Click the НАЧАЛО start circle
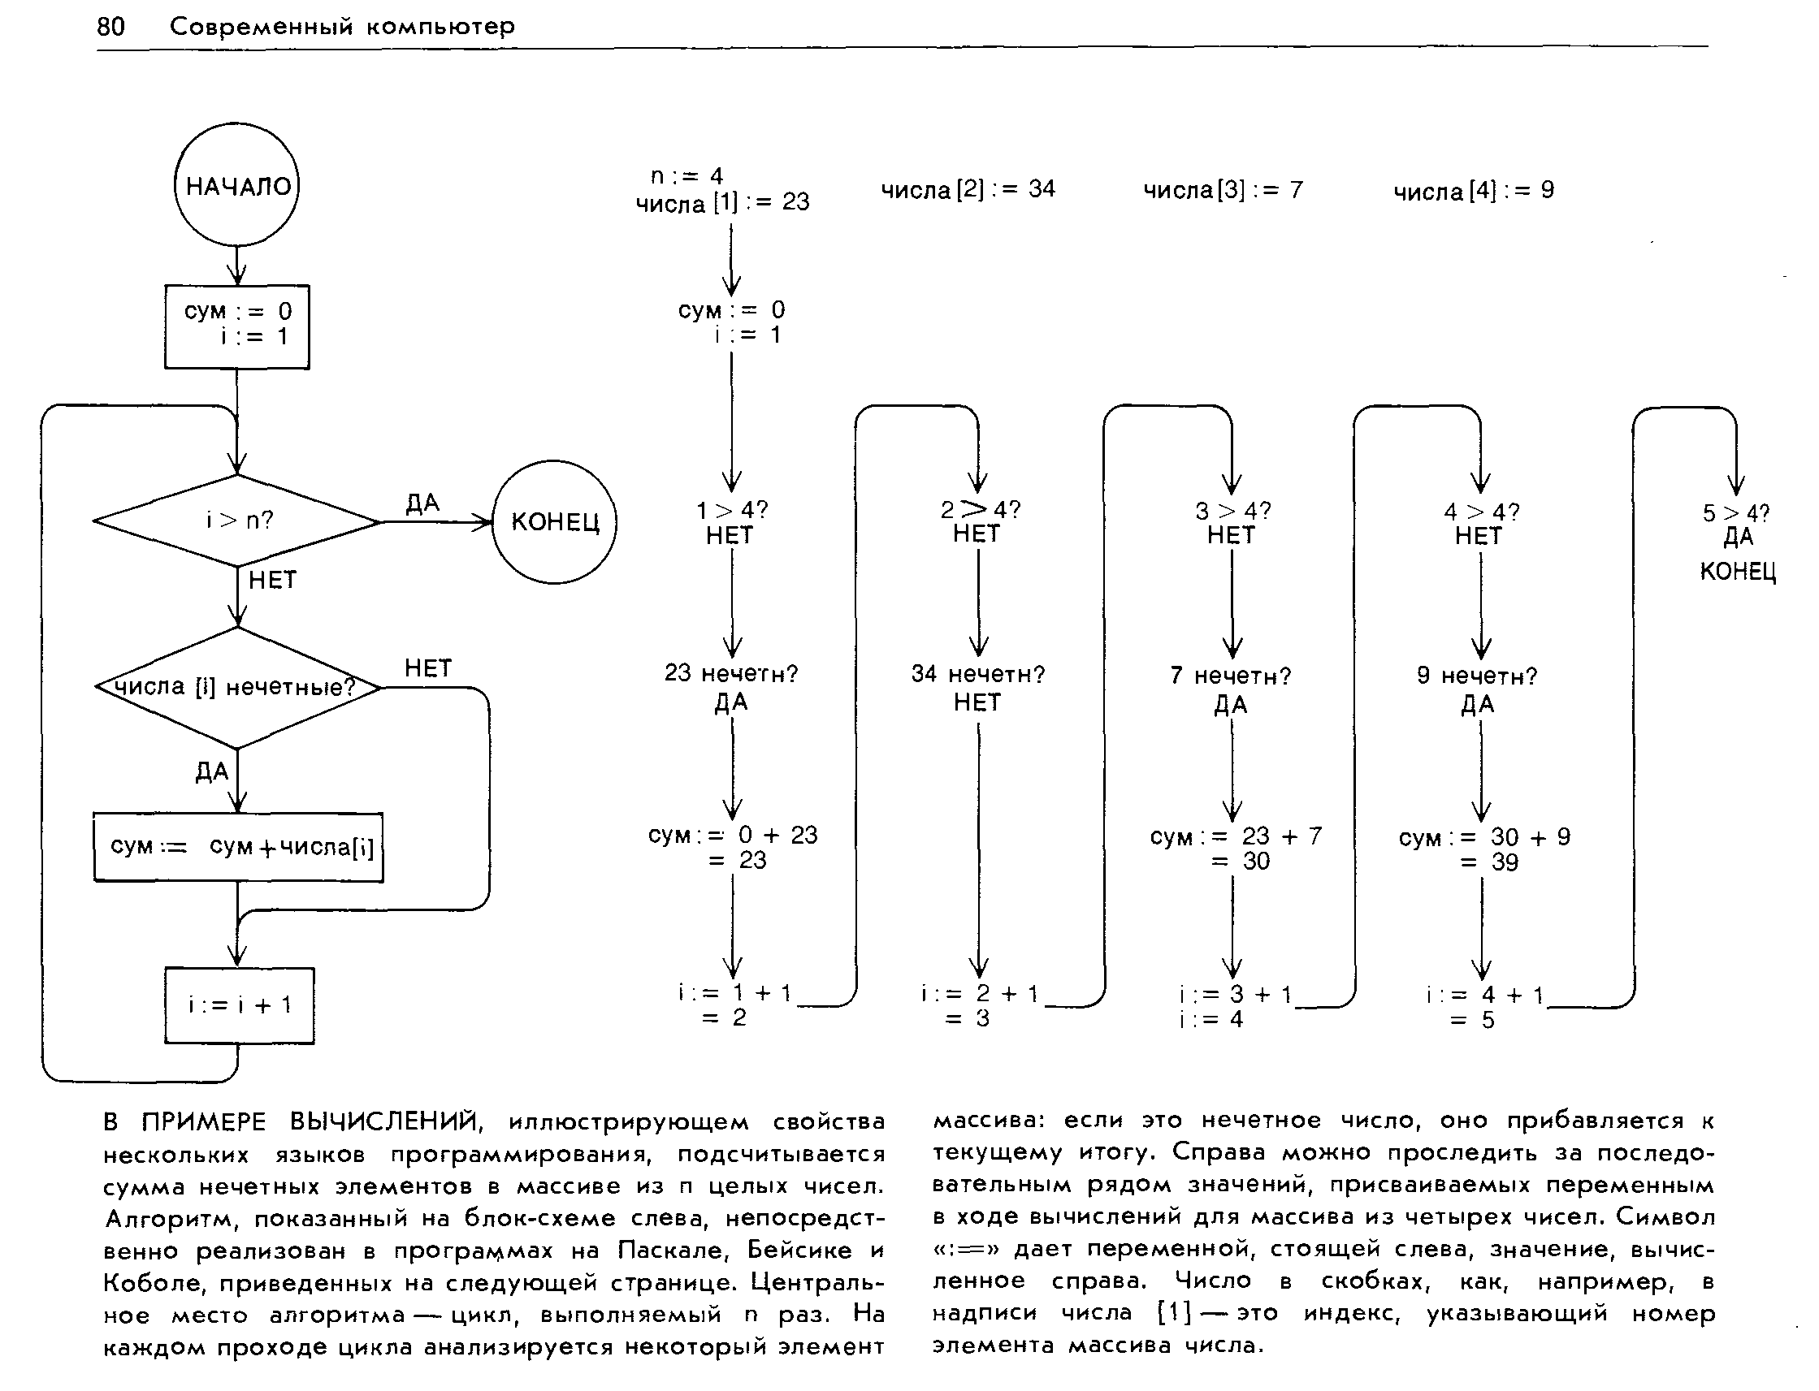(237, 184)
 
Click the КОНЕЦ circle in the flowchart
(554, 521)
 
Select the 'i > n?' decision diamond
(238, 521)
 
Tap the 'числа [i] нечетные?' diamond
(238, 687)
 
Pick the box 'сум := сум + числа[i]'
(239, 847)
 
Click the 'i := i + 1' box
(240, 1005)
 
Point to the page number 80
(111, 27)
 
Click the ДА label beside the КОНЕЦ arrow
(422, 503)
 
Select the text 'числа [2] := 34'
(968, 189)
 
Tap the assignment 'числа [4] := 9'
(1474, 192)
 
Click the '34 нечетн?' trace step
(977, 674)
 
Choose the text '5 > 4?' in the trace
(1735, 513)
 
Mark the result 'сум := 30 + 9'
(1483, 838)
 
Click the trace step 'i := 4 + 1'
(1484, 996)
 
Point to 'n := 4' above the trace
(686, 175)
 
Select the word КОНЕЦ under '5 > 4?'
(1737, 572)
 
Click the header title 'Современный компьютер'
(342, 27)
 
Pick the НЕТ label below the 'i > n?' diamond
(271, 581)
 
